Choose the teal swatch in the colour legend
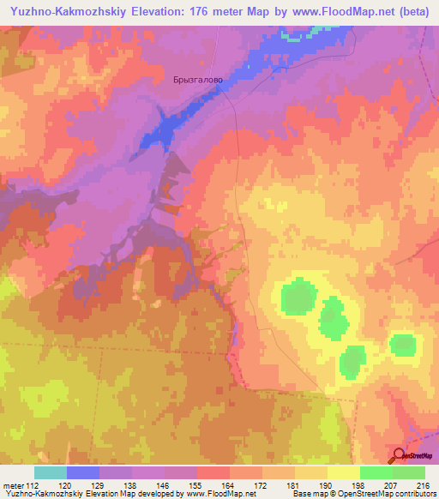pos(51,472)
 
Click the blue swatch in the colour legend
pos(83,472)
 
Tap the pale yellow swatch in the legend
pos(344,472)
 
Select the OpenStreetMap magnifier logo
pos(397,454)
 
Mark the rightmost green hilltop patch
pos(403,346)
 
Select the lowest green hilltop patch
pos(352,362)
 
